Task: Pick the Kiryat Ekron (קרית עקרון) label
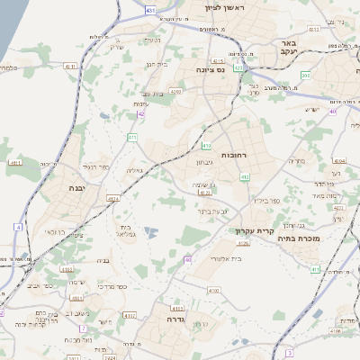coord(243,231)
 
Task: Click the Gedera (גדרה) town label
coord(168,319)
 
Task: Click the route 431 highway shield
coord(148,10)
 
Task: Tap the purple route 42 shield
coord(141,114)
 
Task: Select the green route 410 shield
coord(206,145)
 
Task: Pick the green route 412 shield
coord(245,177)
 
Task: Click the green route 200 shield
coord(305,76)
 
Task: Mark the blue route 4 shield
coord(17,227)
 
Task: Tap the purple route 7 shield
coord(82,328)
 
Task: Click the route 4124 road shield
coord(112,199)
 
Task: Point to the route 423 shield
coord(238,67)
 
